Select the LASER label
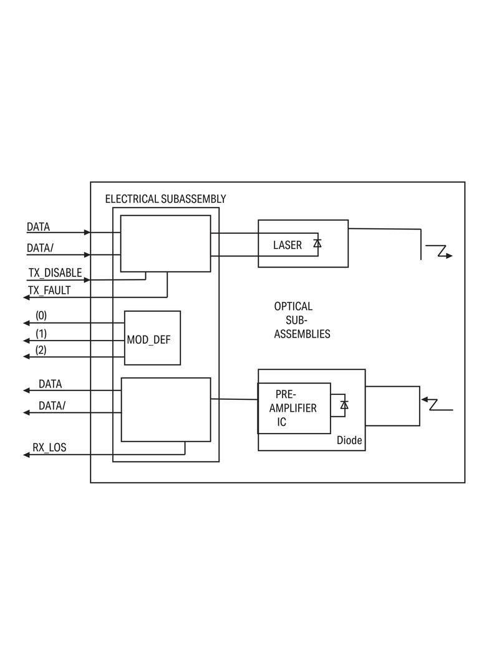288,245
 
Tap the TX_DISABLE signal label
55,273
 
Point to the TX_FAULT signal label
49,290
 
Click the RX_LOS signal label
49,447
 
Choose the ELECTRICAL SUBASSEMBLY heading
165,199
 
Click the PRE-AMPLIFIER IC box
294,408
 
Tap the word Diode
349,440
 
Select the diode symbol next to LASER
317,243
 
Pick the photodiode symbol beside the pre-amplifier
344,405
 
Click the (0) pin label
41,315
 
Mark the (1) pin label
41,333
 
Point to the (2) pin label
41,350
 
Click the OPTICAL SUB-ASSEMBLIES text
302,320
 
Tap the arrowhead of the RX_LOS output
27,455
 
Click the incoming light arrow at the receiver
436,404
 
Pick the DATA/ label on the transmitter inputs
40,248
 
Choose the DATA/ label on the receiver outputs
52,405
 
